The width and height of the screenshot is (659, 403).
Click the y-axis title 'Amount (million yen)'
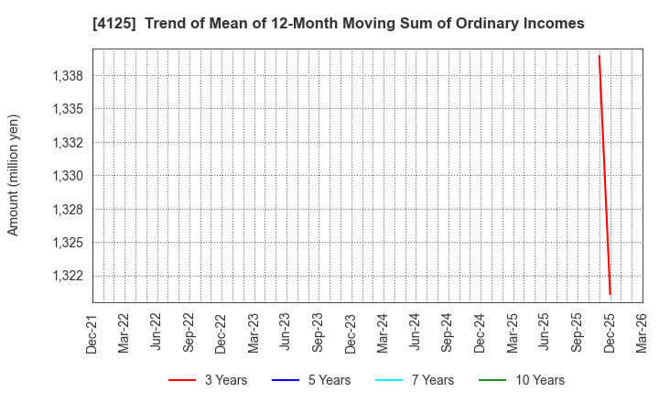[14, 175]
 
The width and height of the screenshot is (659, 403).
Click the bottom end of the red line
[610, 294]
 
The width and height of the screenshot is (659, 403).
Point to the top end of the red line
[599, 56]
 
